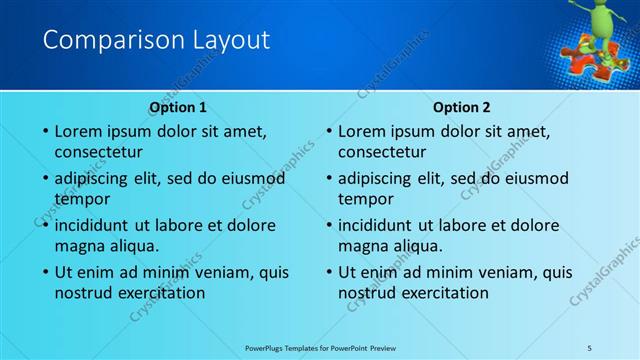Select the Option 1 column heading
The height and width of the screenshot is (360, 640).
point(178,107)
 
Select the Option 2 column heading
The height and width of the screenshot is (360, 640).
point(462,107)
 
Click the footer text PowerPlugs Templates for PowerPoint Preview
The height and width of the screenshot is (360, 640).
point(320,347)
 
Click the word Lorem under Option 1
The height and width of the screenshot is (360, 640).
point(80,131)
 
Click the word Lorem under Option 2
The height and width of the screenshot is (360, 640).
point(364,131)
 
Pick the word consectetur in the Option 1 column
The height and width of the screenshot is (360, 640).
point(98,153)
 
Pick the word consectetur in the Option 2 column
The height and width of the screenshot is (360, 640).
point(382,153)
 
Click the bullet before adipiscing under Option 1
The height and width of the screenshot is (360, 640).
point(45,179)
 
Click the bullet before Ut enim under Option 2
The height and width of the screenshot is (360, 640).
point(329,272)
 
